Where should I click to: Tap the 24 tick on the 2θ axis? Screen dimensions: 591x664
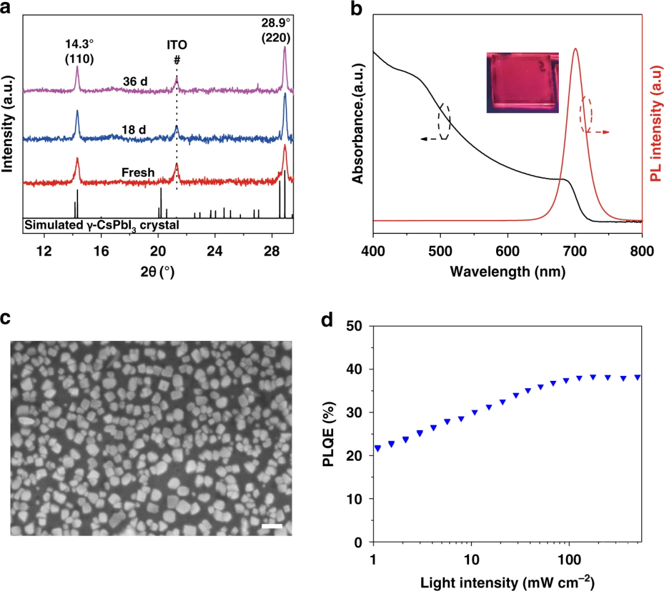(215, 251)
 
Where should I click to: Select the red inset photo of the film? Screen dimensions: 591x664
(523, 83)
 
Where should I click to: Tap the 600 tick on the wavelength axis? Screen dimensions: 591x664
(507, 251)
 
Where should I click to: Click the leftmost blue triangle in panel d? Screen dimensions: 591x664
(377, 448)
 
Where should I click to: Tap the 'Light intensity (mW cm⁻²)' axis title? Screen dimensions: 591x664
(507, 581)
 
